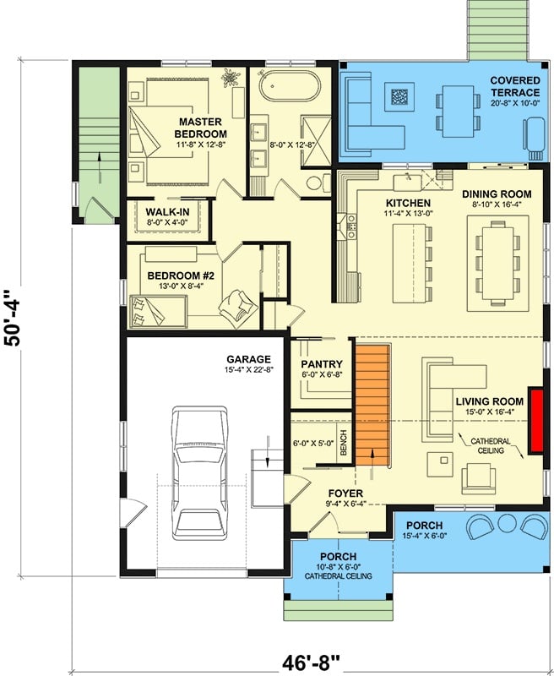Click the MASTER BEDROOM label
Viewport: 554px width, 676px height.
point(200,128)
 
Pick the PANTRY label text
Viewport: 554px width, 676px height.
point(322,364)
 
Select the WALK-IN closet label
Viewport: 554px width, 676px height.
point(166,211)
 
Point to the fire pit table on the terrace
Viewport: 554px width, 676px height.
point(399,97)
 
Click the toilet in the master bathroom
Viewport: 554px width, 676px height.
point(314,182)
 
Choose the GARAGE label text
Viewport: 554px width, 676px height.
point(247,358)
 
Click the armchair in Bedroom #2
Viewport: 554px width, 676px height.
point(236,303)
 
